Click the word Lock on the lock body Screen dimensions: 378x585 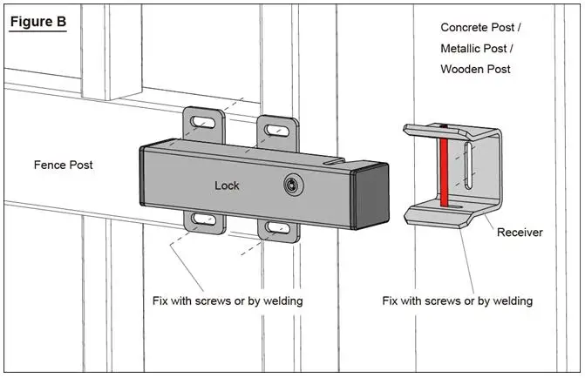click(x=227, y=186)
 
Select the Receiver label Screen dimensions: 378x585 click(x=520, y=233)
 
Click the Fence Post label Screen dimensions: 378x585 click(x=63, y=164)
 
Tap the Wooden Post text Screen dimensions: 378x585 click(x=476, y=69)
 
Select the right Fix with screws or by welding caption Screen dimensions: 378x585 click(x=457, y=300)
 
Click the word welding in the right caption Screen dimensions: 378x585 click(x=512, y=300)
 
